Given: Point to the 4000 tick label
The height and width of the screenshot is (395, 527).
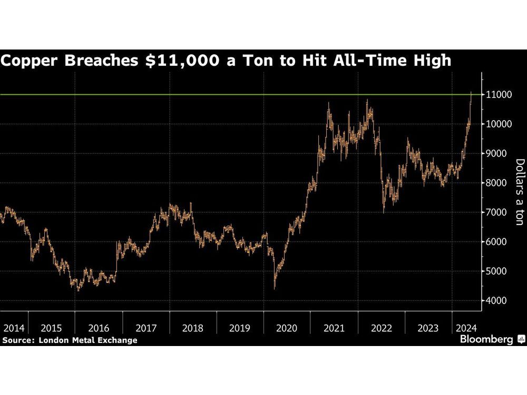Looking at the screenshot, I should pos(496,301).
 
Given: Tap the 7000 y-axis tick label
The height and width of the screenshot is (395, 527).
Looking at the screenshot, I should pos(496,213).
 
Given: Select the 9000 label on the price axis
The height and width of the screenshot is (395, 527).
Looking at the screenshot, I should pos(496,154).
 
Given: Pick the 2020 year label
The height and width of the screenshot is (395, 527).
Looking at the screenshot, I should pos(287,328).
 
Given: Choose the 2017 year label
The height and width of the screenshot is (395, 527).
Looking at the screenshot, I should pos(146,328).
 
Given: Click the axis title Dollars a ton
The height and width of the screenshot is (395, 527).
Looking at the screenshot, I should pos(519,192).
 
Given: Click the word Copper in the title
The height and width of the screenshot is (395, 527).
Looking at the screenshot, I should pos(31,61).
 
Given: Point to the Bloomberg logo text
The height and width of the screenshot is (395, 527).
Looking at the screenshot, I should pos(486,340).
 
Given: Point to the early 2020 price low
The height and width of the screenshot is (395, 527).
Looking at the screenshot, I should pos(275,287).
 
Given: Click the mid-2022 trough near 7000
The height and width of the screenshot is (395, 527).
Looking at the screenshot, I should pos(383,211).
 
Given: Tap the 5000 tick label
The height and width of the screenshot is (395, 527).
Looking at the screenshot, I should pos(496,272).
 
